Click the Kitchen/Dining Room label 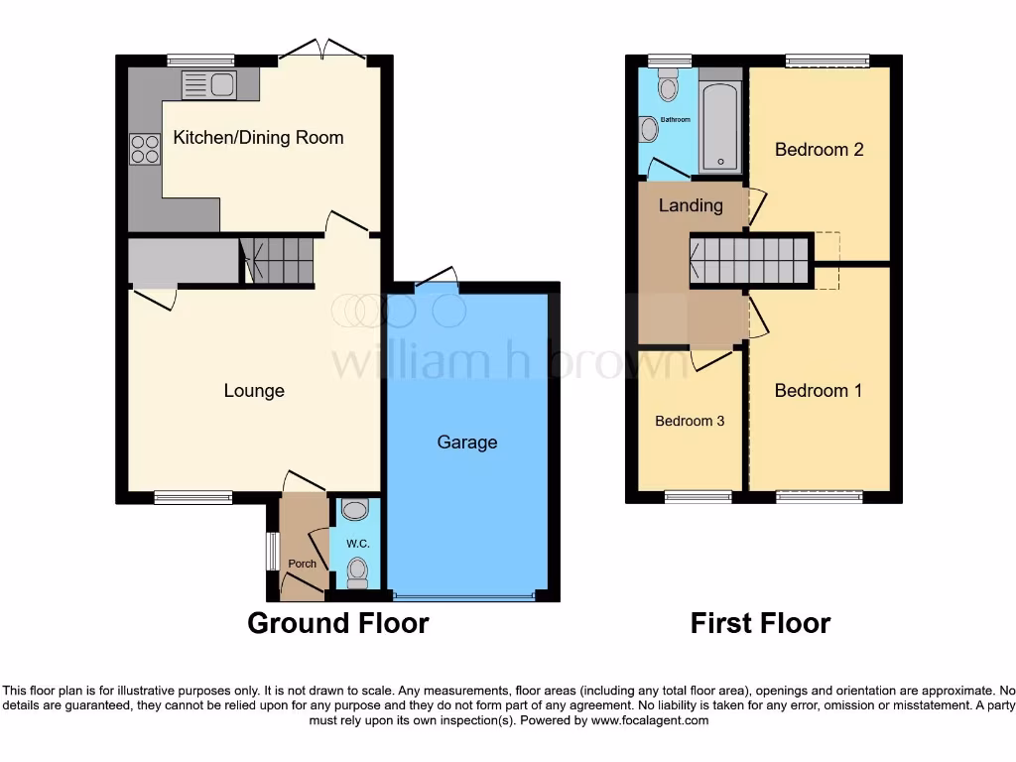(258, 138)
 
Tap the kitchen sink (208, 85)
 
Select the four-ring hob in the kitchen (145, 149)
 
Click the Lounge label (254, 391)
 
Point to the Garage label (467, 443)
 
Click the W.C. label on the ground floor (357, 544)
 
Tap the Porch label (302, 564)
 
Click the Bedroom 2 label (819, 150)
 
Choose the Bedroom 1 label (818, 391)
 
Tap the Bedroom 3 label (690, 421)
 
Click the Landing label (691, 205)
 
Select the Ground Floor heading (337, 623)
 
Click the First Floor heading (760, 623)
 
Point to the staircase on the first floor (750, 260)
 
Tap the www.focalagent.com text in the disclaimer (651, 720)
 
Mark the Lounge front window (192, 498)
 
